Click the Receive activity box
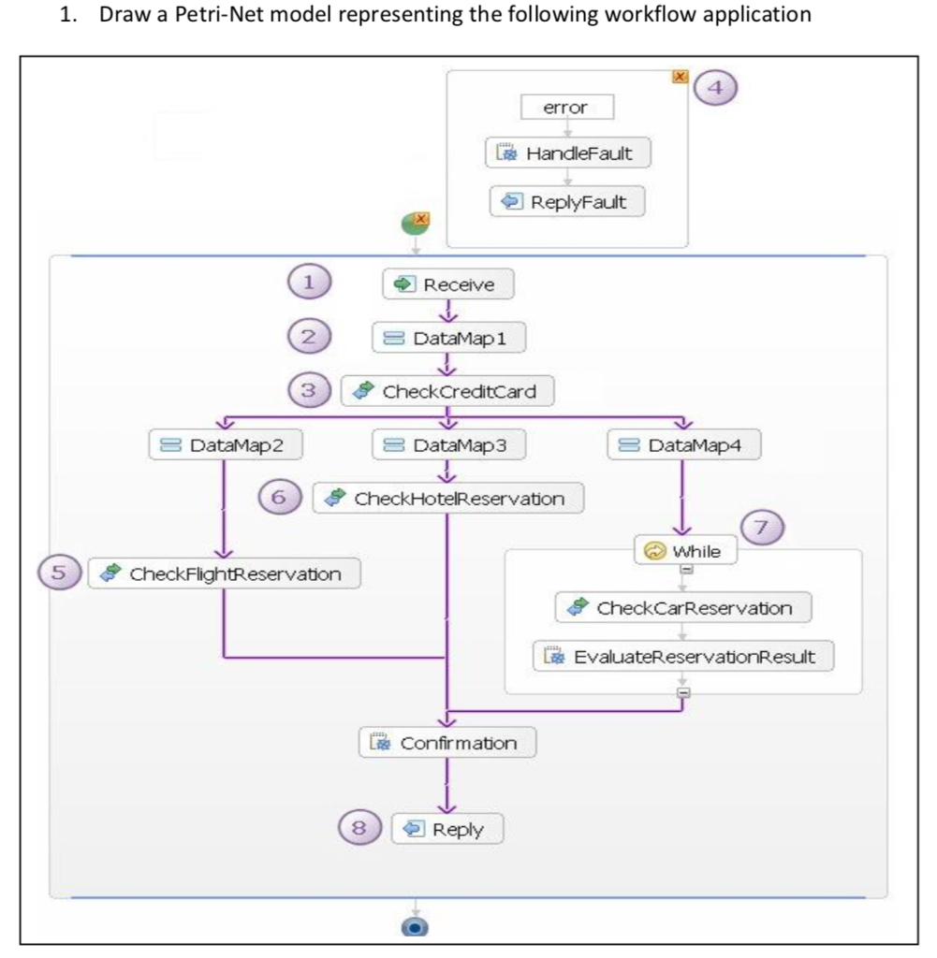pos(448,284)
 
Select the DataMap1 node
pos(448,338)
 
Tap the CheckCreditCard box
pos(447,391)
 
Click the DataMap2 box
pos(225,445)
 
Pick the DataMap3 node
pos(448,445)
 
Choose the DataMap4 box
pos(683,445)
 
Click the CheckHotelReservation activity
pos(447,499)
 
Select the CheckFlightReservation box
pos(225,573)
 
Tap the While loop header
pos(685,551)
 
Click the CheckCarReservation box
pos(683,608)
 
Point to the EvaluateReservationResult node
pos(683,657)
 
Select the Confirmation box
pos(448,743)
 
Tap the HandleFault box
pos(567,153)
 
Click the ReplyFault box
pos(567,201)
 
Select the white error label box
pos(566,108)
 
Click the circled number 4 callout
pos(716,90)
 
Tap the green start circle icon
pos(415,224)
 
